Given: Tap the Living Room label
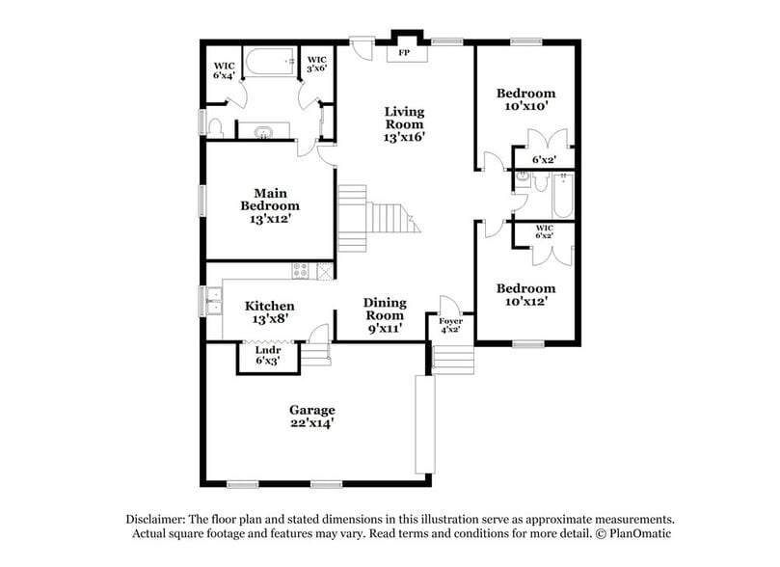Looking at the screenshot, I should (405, 124).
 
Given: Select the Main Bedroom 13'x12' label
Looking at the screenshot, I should (269, 205).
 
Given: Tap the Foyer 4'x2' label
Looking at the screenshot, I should (450, 325).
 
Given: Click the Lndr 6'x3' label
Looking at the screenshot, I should (267, 356).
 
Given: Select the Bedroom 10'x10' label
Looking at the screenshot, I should (526, 100).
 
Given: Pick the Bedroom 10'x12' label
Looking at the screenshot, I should (526, 295).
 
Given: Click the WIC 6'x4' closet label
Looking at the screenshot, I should (224, 70).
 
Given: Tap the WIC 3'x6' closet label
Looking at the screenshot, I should (317, 66).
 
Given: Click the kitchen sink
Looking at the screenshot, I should (210, 301).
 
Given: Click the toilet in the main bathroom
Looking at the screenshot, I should (217, 128).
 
